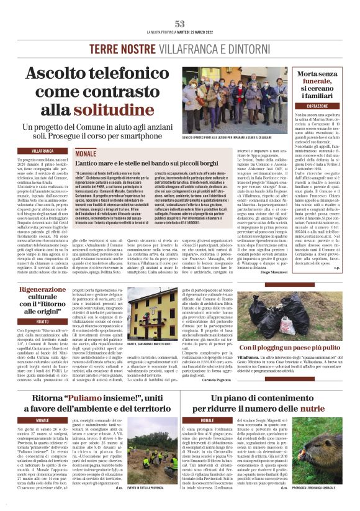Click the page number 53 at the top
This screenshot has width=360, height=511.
[x=180, y=24]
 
